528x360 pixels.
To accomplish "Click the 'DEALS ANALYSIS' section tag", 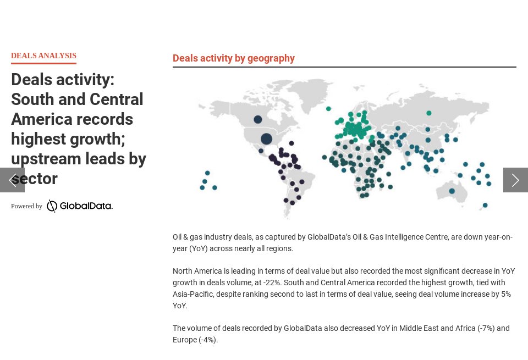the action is click(44, 56).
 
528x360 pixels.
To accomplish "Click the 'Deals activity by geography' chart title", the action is click(234, 58).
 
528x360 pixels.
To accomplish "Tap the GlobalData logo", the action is click(79, 206).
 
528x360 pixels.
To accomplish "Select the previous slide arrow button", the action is click(12, 180).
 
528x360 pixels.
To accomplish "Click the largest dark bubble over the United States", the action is click(266, 139).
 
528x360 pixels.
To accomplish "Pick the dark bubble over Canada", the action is click(258, 119).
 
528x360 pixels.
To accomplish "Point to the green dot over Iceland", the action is click(328, 109).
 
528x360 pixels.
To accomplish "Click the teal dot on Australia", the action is click(452, 191).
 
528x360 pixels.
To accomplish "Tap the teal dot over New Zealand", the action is click(485, 205).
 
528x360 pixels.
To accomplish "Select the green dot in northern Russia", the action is click(428, 113).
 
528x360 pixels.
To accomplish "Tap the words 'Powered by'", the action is click(26, 206).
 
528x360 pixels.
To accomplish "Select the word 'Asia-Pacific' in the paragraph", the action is click(193, 294).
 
